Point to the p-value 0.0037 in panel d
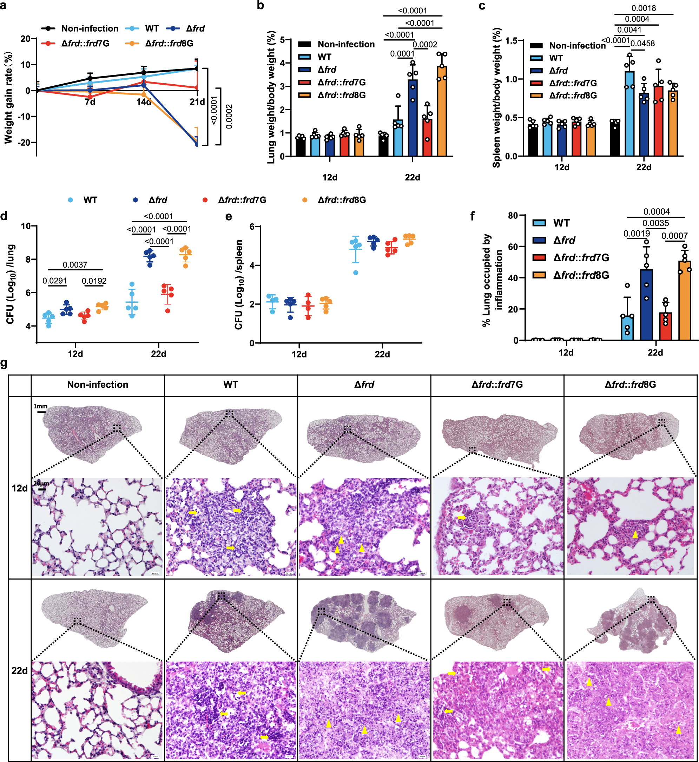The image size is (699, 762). tap(75, 265)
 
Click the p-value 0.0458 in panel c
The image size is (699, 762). tap(642, 44)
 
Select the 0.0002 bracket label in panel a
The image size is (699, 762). tap(229, 117)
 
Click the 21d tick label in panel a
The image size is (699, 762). tap(197, 102)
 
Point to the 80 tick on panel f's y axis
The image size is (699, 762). tap(513, 216)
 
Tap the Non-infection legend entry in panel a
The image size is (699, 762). tap(90, 28)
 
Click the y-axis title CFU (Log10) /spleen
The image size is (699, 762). tap(239, 284)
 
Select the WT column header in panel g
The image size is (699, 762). tap(231, 385)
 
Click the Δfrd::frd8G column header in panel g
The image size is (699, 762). tap(630, 385)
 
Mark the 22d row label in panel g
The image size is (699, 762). tap(20, 671)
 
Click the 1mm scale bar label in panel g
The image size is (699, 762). tap(40, 406)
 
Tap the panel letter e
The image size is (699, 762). tap(229, 216)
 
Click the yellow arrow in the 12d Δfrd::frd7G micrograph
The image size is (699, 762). tap(461, 517)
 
